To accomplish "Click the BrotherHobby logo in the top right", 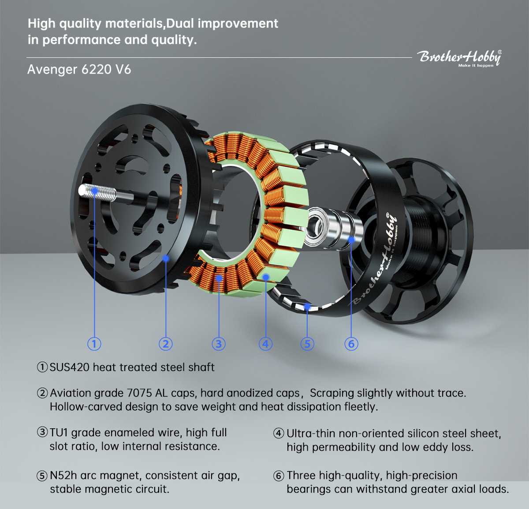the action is (x=460, y=58).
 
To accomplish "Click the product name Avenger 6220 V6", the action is (x=79, y=69).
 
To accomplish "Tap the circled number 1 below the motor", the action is (x=94, y=344).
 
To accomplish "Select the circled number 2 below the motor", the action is (x=166, y=344).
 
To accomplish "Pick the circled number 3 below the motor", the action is (x=219, y=344).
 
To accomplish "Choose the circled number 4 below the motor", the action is (x=265, y=344).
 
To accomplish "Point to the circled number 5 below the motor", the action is (x=307, y=344).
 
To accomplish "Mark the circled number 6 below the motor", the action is (x=351, y=344).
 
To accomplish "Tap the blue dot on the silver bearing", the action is (x=351, y=240).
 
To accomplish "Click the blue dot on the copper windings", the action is (x=219, y=278).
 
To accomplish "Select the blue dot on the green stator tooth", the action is (x=266, y=277).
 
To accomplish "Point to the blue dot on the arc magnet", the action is (x=307, y=307).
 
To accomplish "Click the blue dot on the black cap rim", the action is (x=166, y=258).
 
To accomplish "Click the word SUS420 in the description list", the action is (x=70, y=367).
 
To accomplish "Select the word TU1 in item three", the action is (x=59, y=433).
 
